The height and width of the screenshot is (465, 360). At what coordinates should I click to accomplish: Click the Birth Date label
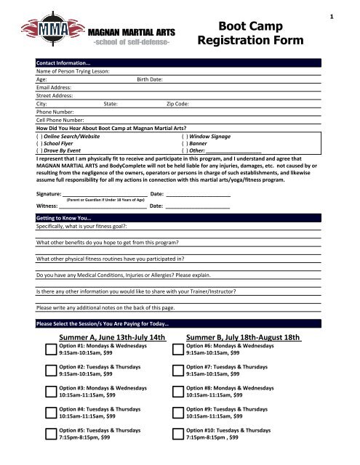click(150, 81)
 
